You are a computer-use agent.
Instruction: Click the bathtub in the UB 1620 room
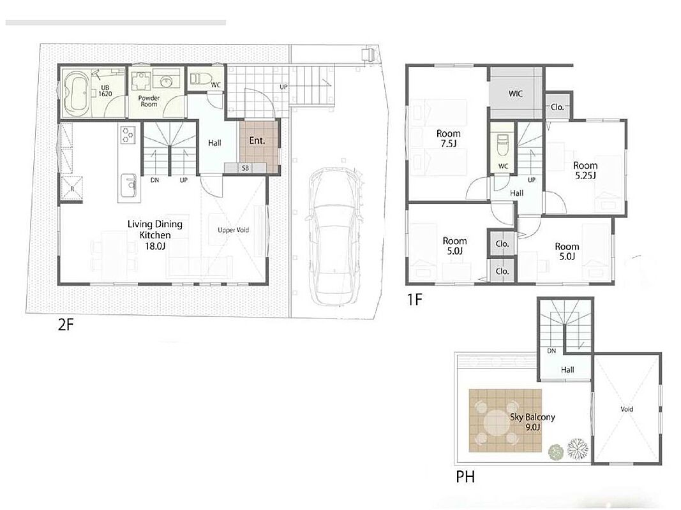click(77, 92)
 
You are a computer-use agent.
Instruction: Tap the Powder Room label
click(149, 101)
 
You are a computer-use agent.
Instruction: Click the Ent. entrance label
click(257, 140)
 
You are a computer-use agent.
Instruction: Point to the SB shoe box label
click(245, 168)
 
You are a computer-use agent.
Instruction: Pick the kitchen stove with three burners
click(128, 134)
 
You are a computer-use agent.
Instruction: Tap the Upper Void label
click(233, 230)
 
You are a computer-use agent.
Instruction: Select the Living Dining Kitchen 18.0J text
click(154, 235)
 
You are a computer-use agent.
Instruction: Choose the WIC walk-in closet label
click(516, 93)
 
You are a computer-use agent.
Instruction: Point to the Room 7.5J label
click(448, 138)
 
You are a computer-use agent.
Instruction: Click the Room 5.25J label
click(585, 170)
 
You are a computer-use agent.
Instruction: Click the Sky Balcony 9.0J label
click(532, 421)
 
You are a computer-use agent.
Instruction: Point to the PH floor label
click(465, 477)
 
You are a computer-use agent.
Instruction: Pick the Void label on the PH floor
click(627, 409)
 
